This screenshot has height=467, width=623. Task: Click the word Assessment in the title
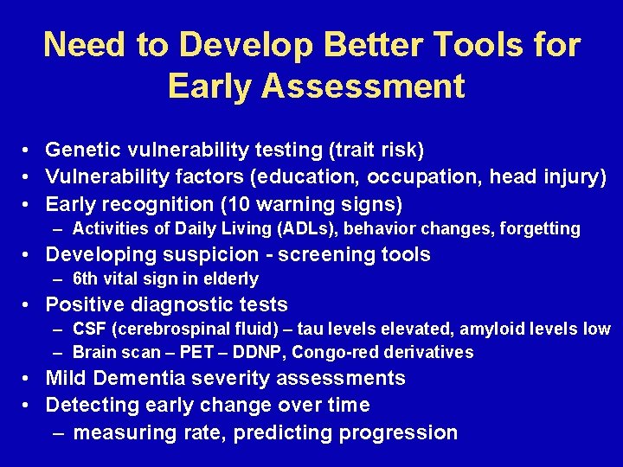(x=378, y=86)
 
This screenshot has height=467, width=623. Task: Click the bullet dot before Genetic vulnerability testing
(x=29, y=151)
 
